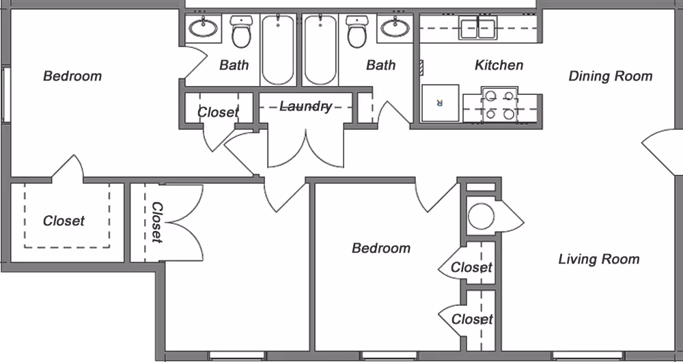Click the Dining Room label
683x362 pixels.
coord(610,76)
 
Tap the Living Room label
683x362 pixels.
coord(599,259)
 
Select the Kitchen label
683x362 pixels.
coord(499,65)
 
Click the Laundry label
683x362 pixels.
coord(305,107)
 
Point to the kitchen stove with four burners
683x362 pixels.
coord(499,105)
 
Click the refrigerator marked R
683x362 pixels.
coord(440,104)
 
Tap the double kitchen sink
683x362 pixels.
coord(477,29)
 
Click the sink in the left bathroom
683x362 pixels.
coord(204,28)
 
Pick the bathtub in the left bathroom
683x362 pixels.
coord(278,50)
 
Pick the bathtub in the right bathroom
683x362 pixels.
coord(320,50)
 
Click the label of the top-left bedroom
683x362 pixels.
coord(72,76)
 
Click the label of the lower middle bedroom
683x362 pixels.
coord(381,248)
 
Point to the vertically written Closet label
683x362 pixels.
coord(156,222)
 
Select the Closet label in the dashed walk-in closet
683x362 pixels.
coord(64,221)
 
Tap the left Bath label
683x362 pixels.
coord(234,65)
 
